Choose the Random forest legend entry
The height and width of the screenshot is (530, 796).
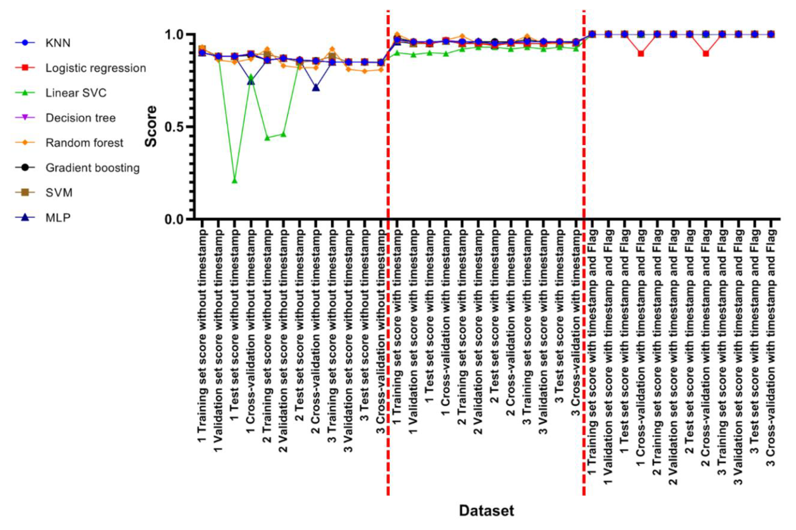pos(84,143)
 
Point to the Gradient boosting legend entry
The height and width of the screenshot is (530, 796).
pos(92,168)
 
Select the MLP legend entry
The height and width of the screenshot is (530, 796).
pos(58,218)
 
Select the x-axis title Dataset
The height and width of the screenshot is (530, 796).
pos(486,510)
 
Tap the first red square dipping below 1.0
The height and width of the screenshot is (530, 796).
pos(641,53)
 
